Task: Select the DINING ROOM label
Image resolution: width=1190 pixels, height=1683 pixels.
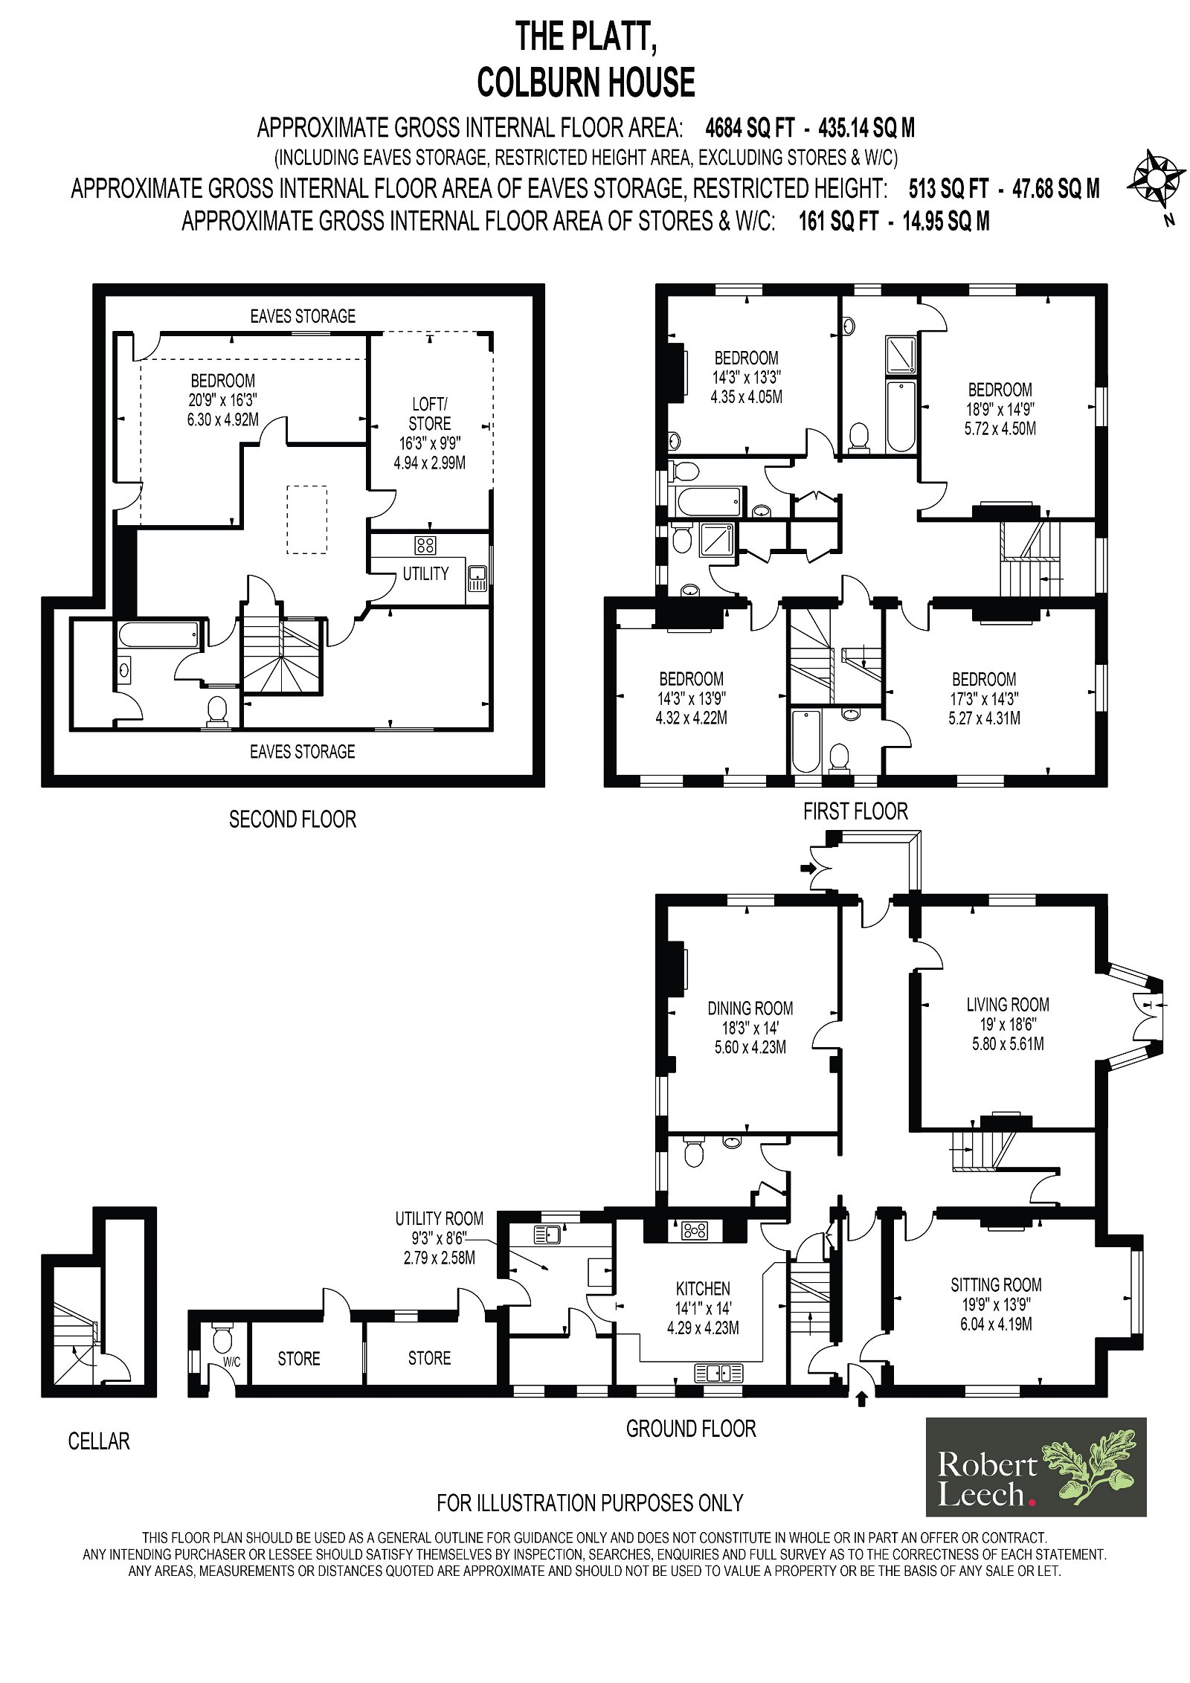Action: [750, 1008]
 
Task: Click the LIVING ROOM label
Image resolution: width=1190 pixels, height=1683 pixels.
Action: [1008, 1005]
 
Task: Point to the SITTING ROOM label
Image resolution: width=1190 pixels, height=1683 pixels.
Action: [996, 1284]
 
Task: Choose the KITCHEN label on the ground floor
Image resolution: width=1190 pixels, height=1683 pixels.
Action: [703, 1288]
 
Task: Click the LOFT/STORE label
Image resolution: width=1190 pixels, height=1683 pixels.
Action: [430, 413]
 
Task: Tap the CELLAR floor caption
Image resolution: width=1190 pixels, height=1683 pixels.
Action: [99, 1441]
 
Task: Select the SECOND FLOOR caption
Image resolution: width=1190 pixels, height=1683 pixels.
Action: [292, 819]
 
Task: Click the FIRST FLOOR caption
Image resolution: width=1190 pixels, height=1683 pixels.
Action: [855, 811]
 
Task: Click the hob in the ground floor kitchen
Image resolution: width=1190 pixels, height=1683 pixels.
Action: [695, 1231]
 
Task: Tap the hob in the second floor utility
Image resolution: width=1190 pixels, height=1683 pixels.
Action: [426, 545]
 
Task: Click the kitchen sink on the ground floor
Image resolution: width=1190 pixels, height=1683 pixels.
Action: [718, 1373]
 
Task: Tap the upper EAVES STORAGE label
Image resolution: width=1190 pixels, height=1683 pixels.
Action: [303, 316]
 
